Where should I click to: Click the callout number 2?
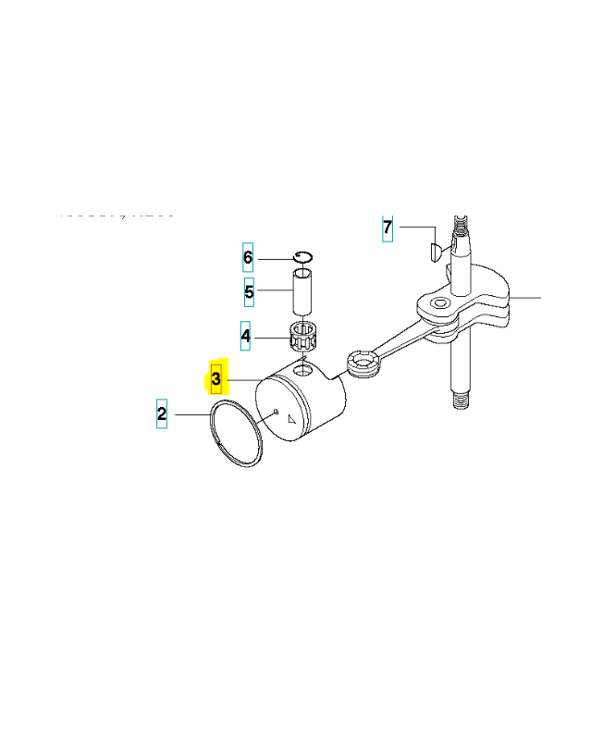coord(162,413)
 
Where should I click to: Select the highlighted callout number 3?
coord(216,378)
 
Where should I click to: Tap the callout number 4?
coord(245,336)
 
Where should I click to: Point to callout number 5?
coord(249,294)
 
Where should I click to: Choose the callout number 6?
coord(247,256)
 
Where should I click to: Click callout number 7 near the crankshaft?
coord(388,227)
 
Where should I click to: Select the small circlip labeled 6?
coord(305,257)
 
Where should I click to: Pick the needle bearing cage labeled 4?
coord(304,334)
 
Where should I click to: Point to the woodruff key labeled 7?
coord(436,249)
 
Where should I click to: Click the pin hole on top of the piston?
coord(302,371)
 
